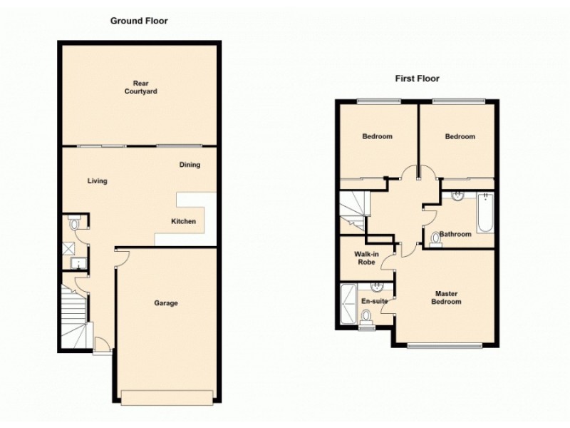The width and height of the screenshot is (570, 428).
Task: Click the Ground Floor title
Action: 138,21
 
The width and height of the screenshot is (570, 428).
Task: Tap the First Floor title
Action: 418,78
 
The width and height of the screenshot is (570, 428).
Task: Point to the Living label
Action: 98,181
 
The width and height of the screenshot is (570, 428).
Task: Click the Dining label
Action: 190,165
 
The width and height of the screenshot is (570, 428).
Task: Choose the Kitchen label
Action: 183,222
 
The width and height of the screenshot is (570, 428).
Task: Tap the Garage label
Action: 166,303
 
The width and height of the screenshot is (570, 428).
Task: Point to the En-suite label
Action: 374,302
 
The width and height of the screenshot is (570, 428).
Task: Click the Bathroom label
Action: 456,234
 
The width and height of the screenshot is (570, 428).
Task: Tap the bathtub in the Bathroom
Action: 484,213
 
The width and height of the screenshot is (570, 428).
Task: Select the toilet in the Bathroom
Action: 435,239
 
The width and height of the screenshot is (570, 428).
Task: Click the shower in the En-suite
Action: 348,302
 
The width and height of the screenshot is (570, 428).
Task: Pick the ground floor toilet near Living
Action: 75,224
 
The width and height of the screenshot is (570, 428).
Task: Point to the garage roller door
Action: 167,397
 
